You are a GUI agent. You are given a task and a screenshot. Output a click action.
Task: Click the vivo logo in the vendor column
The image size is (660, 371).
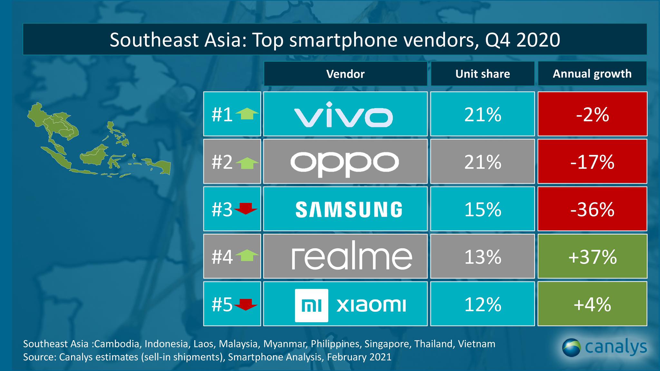(x=344, y=115)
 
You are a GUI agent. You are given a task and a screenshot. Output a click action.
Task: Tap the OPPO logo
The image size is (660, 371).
(x=345, y=163)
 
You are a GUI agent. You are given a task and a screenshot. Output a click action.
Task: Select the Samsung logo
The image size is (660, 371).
(x=349, y=210)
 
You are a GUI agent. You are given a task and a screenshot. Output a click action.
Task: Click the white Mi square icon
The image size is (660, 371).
(x=311, y=305)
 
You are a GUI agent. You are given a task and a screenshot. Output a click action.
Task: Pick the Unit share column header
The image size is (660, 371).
(x=482, y=74)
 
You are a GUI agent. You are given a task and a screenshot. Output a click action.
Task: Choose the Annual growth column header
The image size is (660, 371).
(x=592, y=74)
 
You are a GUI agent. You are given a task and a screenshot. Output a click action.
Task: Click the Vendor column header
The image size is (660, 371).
(x=345, y=74)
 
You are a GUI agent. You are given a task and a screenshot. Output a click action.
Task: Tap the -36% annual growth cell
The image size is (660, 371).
(x=592, y=209)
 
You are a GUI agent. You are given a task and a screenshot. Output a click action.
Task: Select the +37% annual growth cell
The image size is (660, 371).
(x=592, y=257)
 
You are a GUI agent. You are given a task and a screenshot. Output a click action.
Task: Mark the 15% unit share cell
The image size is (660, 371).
(x=482, y=209)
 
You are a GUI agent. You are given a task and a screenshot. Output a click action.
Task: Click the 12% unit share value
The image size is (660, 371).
(x=482, y=304)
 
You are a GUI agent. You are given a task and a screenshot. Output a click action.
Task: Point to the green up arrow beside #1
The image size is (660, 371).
(x=247, y=114)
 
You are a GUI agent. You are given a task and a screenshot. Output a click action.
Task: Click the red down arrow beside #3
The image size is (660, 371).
(x=246, y=209)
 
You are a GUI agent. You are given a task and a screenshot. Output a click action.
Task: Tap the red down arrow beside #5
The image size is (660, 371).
(x=246, y=304)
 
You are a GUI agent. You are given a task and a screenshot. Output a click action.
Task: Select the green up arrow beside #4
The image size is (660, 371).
(x=247, y=256)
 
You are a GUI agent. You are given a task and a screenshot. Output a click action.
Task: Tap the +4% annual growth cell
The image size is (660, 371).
(x=592, y=304)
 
